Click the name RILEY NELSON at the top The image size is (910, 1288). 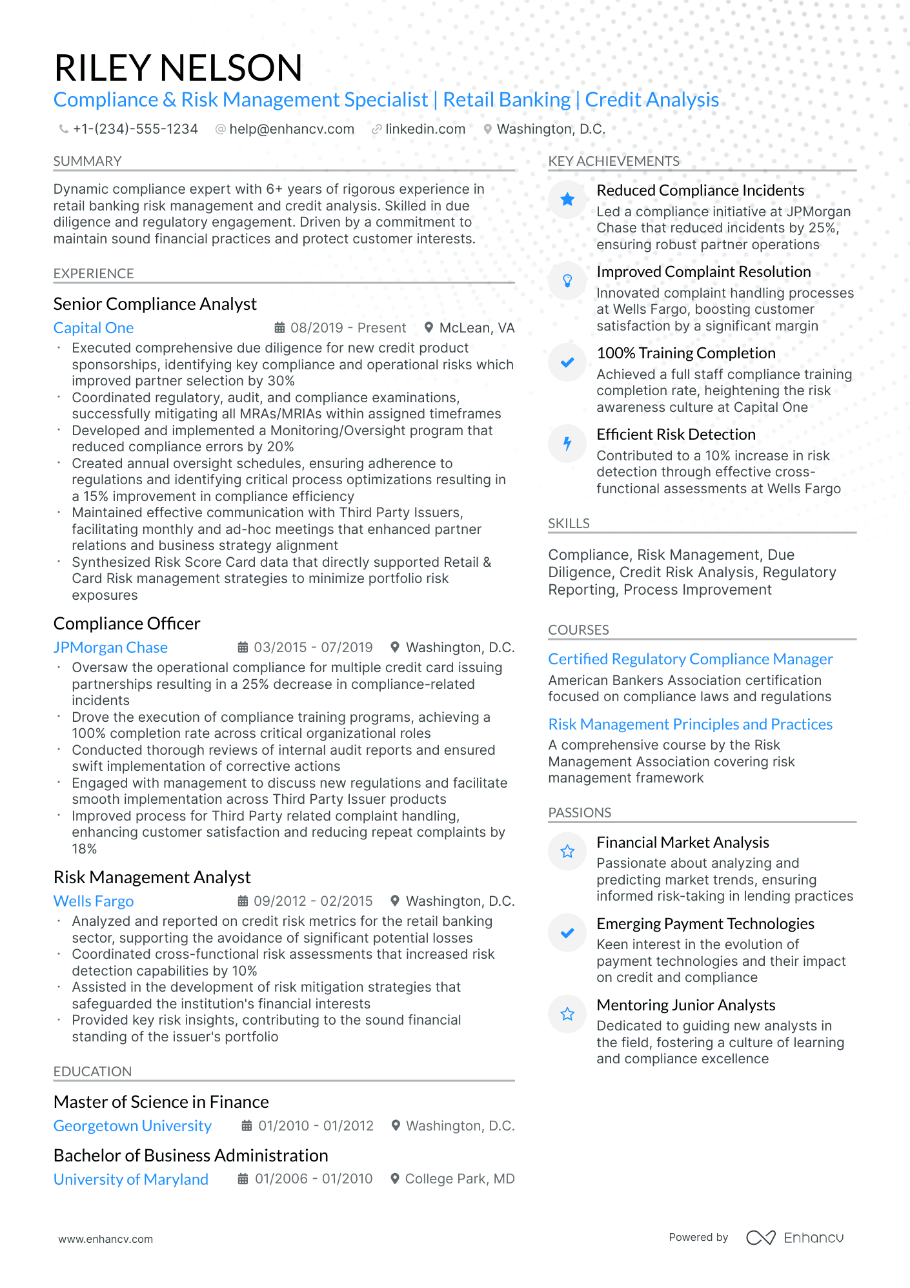click(x=178, y=68)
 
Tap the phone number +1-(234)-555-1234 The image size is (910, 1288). click(x=135, y=129)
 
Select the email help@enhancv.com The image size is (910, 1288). click(x=291, y=129)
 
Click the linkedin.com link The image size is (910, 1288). click(x=425, y=129)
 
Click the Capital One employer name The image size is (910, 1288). click(x=94, y=328)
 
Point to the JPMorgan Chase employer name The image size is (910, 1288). click(x=110, y=648)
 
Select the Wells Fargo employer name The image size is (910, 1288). click(x=94, y=901)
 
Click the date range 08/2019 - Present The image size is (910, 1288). click(x=348, y=328)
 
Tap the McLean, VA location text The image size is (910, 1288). click(x=476, y=328)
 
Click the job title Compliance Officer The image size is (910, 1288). click(x=126, y=624)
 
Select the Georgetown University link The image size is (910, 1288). click(x=132, y=1126)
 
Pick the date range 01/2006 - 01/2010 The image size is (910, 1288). click(x=313, y=1179)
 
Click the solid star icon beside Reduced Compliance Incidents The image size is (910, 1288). click(x=567, y=199)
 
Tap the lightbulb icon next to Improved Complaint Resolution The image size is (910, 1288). click(x=567, y=281)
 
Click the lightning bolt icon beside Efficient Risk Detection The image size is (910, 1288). click(x=567, y=444)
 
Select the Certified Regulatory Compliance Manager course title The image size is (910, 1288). click(x=690, y=659)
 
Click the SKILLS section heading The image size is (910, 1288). click(x=569, y=524)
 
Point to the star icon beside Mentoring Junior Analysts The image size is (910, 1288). click(x=567, y=1014)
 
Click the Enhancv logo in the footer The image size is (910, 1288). click(x=795, y=1238)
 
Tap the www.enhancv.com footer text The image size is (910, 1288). click(x=106, y=1239)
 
